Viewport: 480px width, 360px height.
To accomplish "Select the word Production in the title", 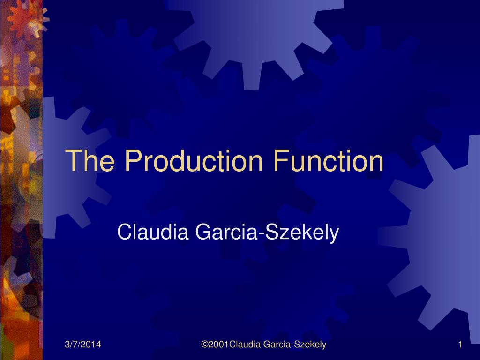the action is click(194, 160).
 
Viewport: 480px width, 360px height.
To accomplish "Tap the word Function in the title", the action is click(328, 160).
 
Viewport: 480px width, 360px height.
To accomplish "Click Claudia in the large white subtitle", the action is click(153, 232).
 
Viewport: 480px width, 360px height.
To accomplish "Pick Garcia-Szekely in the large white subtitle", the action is click(267, 232).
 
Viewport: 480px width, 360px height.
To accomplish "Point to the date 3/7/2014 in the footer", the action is click(82, 345).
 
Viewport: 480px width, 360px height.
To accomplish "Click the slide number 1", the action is click(460, 345).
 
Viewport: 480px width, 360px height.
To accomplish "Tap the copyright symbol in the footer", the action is click(204, 345).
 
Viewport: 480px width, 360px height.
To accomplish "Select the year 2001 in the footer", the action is click(218, 345).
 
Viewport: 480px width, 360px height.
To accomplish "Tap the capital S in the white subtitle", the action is click(271, 232).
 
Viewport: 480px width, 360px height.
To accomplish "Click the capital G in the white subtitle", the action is click(203, 232).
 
